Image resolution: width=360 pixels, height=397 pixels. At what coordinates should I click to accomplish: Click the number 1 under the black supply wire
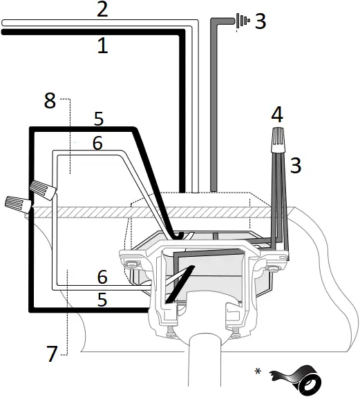click(x=102, y=46)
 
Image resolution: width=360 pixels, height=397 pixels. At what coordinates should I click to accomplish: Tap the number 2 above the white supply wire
click(x=102, y=10)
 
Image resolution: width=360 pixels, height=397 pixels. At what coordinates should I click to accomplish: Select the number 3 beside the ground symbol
click(x=260, y=21)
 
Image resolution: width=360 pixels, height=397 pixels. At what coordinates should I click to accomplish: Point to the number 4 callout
click(x=277, y=115)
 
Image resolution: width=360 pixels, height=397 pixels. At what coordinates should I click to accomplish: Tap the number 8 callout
click(x=49, y=101)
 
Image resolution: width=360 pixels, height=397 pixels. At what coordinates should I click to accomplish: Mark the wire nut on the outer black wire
click(x=17, y=204)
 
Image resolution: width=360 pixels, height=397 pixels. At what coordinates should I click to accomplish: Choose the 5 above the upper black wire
click(x=99, y=119)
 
